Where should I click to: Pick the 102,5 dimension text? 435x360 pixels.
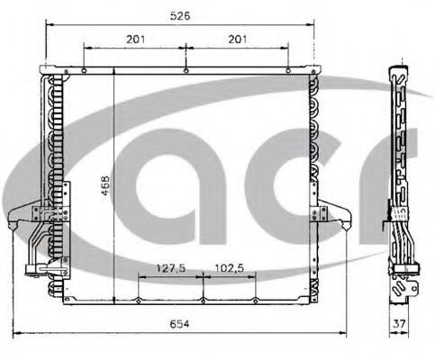tap(230, 266)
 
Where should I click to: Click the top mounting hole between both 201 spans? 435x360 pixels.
tap(185, 69)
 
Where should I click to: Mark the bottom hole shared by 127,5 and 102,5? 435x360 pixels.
tap(204, 301)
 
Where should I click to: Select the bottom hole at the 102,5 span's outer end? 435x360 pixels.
tap(255, 301)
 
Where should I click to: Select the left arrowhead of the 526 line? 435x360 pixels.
tap(45, 26)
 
